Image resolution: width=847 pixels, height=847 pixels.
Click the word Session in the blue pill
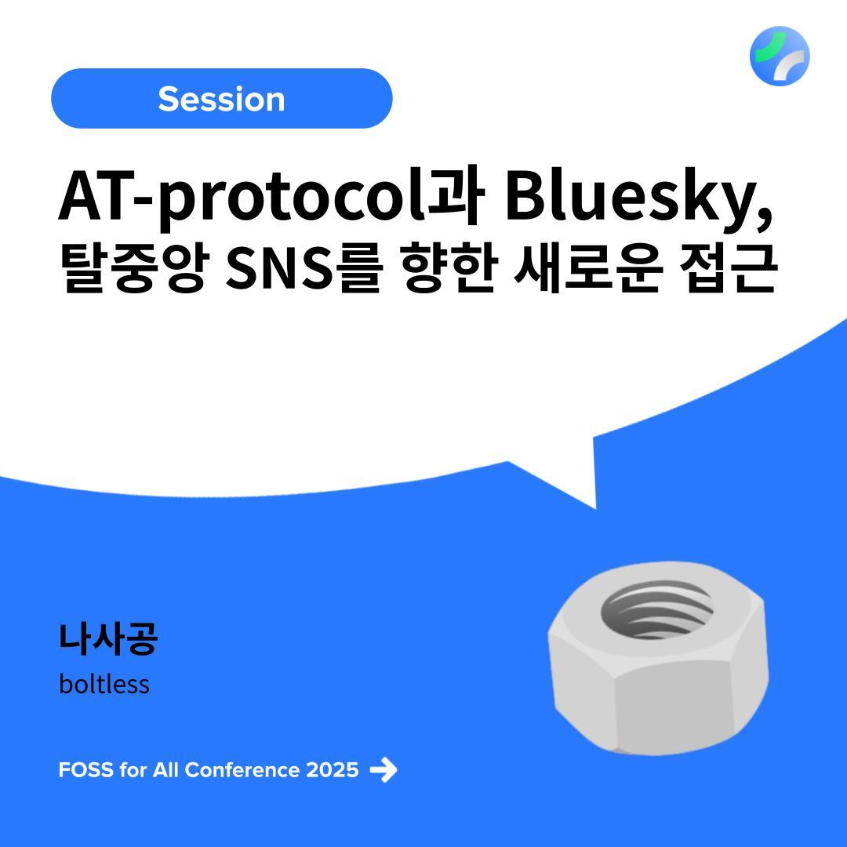pos(221,100)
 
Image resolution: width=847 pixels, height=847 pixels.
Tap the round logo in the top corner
pos(780,56)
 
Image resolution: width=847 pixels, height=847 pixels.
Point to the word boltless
pos(104,684)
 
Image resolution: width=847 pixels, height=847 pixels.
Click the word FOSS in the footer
pos(86,770)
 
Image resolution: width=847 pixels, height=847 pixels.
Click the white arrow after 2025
pos(384,770)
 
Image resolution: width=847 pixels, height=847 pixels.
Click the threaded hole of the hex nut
pos(656,609)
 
